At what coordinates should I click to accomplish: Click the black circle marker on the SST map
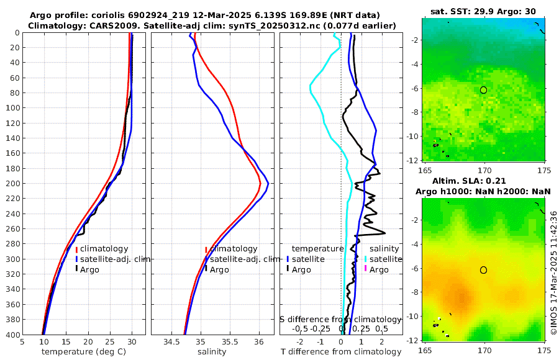(x=484, y=90)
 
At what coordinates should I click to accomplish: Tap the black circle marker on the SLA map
(x=484, y=270)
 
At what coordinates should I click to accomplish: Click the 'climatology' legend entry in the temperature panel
(x=104, y=249)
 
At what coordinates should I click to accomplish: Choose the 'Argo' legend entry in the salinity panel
(x=219, y=270)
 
